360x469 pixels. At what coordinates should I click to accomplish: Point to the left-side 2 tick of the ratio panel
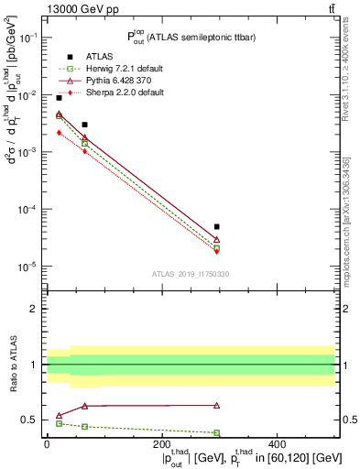33,309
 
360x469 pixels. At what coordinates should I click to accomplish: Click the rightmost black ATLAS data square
217,226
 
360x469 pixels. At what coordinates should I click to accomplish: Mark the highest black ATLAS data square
59,97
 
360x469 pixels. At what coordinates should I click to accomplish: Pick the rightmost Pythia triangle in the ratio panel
217,405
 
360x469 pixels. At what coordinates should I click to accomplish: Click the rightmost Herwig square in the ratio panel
217,432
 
